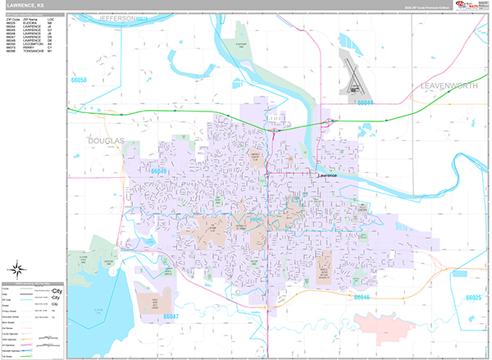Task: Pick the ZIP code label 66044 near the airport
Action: tap(365, 103)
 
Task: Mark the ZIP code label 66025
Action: tap(475, 298)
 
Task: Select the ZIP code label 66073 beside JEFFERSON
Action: tap(141, 17)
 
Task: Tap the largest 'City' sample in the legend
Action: tap(57, 291)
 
